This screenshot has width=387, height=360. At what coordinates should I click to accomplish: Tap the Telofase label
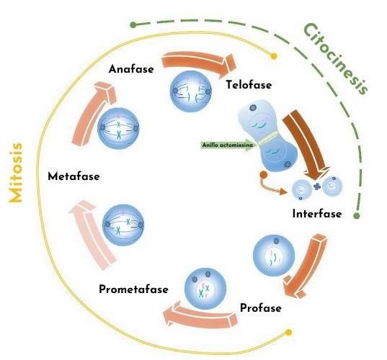click(x=249, y=85)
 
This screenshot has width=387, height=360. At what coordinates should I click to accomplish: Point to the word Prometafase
click(x=133, y=289)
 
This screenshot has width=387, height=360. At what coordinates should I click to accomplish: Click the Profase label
click(x=260, y=309)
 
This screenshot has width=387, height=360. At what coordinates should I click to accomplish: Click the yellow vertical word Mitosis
click(x=16, y=172)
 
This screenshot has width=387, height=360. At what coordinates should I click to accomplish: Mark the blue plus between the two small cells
click(x=316, y=188)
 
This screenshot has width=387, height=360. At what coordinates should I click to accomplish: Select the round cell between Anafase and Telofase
click(x=189, y=90)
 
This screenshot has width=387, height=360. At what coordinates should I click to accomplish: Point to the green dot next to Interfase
click(x=357, y=215)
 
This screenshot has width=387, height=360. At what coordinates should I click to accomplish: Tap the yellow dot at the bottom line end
click(x=289, y=332)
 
